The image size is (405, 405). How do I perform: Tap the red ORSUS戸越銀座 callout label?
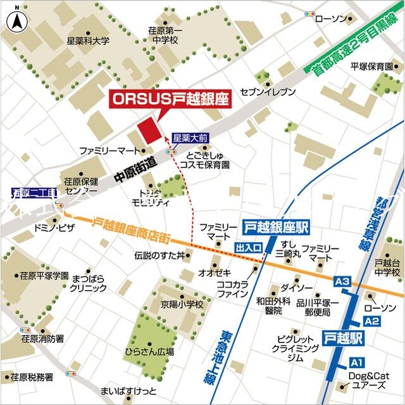point(170,99)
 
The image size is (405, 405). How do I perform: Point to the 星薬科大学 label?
point(88,41)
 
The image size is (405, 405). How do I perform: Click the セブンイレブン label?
point(268,92)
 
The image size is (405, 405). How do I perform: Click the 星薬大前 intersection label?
point(190,138)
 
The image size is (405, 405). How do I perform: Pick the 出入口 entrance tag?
point(248,247)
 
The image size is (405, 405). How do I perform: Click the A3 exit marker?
point(342,281)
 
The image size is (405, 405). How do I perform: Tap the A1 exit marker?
point(357,362)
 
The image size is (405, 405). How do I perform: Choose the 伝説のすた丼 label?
point(159,255)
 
